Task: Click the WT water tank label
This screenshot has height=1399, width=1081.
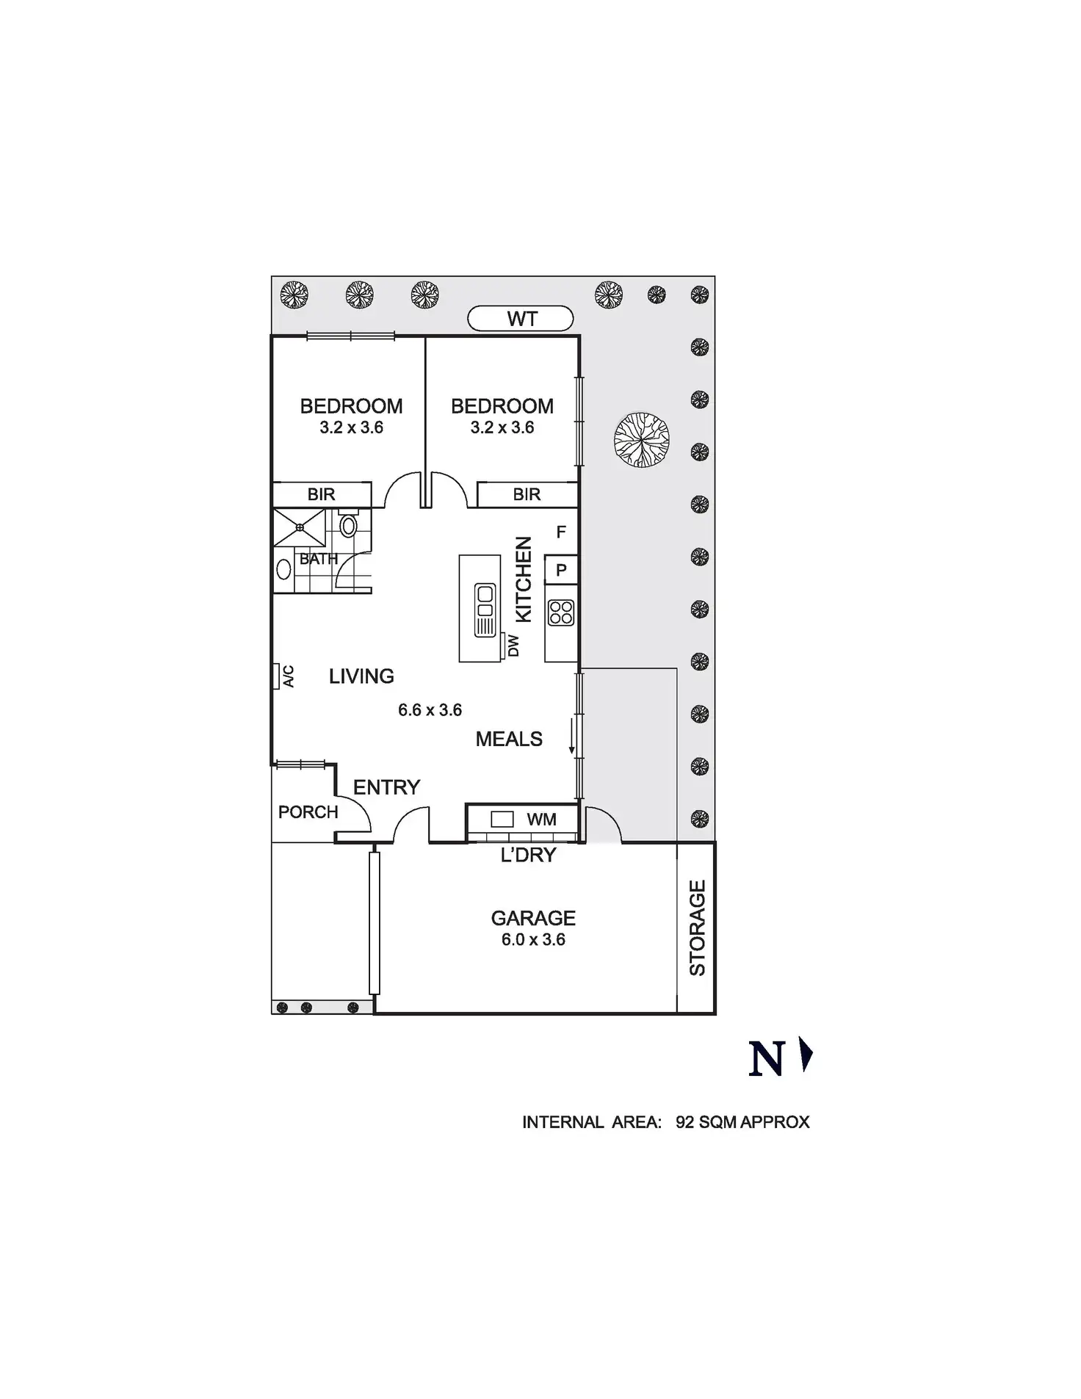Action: [521, 319]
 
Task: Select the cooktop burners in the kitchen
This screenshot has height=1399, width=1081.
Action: [561, 612]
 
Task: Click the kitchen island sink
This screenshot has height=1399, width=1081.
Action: [485, 610]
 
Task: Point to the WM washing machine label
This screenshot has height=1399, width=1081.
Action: [541, 820]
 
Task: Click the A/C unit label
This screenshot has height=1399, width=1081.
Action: [288, 676]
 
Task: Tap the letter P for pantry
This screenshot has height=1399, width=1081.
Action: [561, 570]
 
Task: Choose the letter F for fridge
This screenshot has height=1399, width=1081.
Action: [561, 532]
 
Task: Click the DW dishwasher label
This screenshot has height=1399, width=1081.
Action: [514, 646]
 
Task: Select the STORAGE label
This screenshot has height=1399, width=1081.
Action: [697, 928]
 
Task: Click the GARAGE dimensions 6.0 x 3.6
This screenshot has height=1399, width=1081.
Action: [533, 940]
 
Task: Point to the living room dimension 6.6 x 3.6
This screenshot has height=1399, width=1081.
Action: [430, 710]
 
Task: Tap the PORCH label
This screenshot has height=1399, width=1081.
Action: [308, 812]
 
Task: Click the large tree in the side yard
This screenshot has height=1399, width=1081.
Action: [641, 440]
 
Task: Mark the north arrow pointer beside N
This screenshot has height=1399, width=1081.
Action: [807, 1056]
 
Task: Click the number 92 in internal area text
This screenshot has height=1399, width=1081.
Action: [684, 1122]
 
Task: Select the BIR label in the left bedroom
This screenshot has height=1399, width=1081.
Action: [321, 494]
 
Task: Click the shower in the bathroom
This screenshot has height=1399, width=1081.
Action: [299, 527]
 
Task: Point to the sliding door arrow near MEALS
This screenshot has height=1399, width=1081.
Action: [571, 739]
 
